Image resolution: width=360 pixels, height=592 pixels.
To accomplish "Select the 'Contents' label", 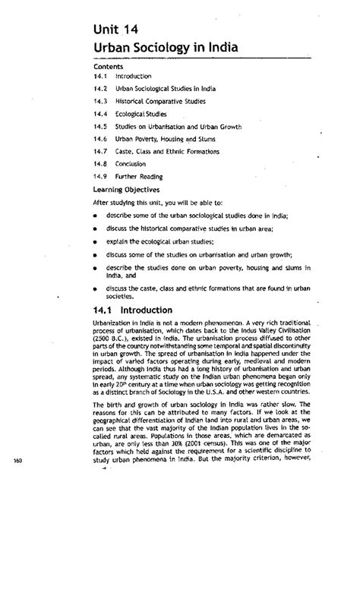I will (107, 66).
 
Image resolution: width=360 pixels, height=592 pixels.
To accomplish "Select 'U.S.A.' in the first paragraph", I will (221, 394).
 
